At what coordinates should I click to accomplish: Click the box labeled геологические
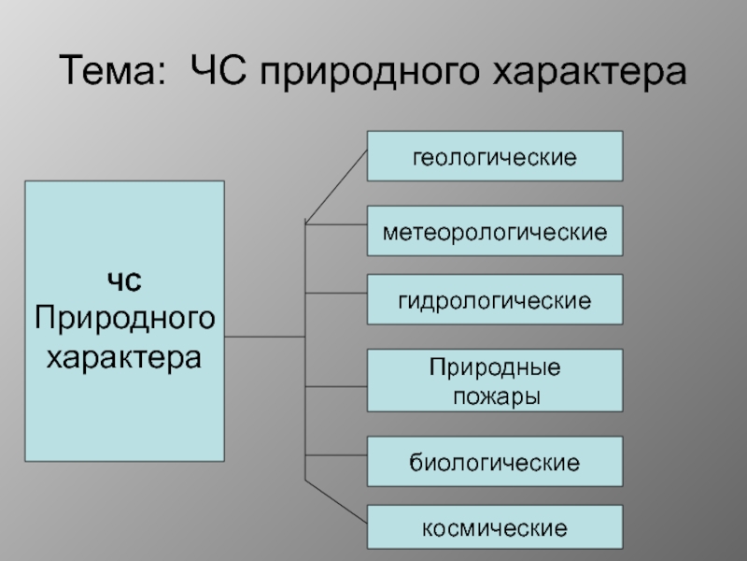494,155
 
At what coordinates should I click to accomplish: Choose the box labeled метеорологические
494,231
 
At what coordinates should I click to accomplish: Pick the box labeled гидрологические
494,299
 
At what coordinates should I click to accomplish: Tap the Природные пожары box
494,381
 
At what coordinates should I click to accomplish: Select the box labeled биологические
494,461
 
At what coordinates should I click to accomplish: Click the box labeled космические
494,528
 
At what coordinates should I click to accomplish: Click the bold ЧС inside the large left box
124,281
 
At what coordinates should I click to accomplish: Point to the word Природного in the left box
124,318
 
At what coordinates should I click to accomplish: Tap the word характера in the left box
124,356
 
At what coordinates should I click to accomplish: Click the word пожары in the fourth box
496,396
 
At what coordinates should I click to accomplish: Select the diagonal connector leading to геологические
336,189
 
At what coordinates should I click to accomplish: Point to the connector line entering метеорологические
336,225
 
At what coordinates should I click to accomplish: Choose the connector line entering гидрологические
336,294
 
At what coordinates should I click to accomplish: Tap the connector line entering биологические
336,457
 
